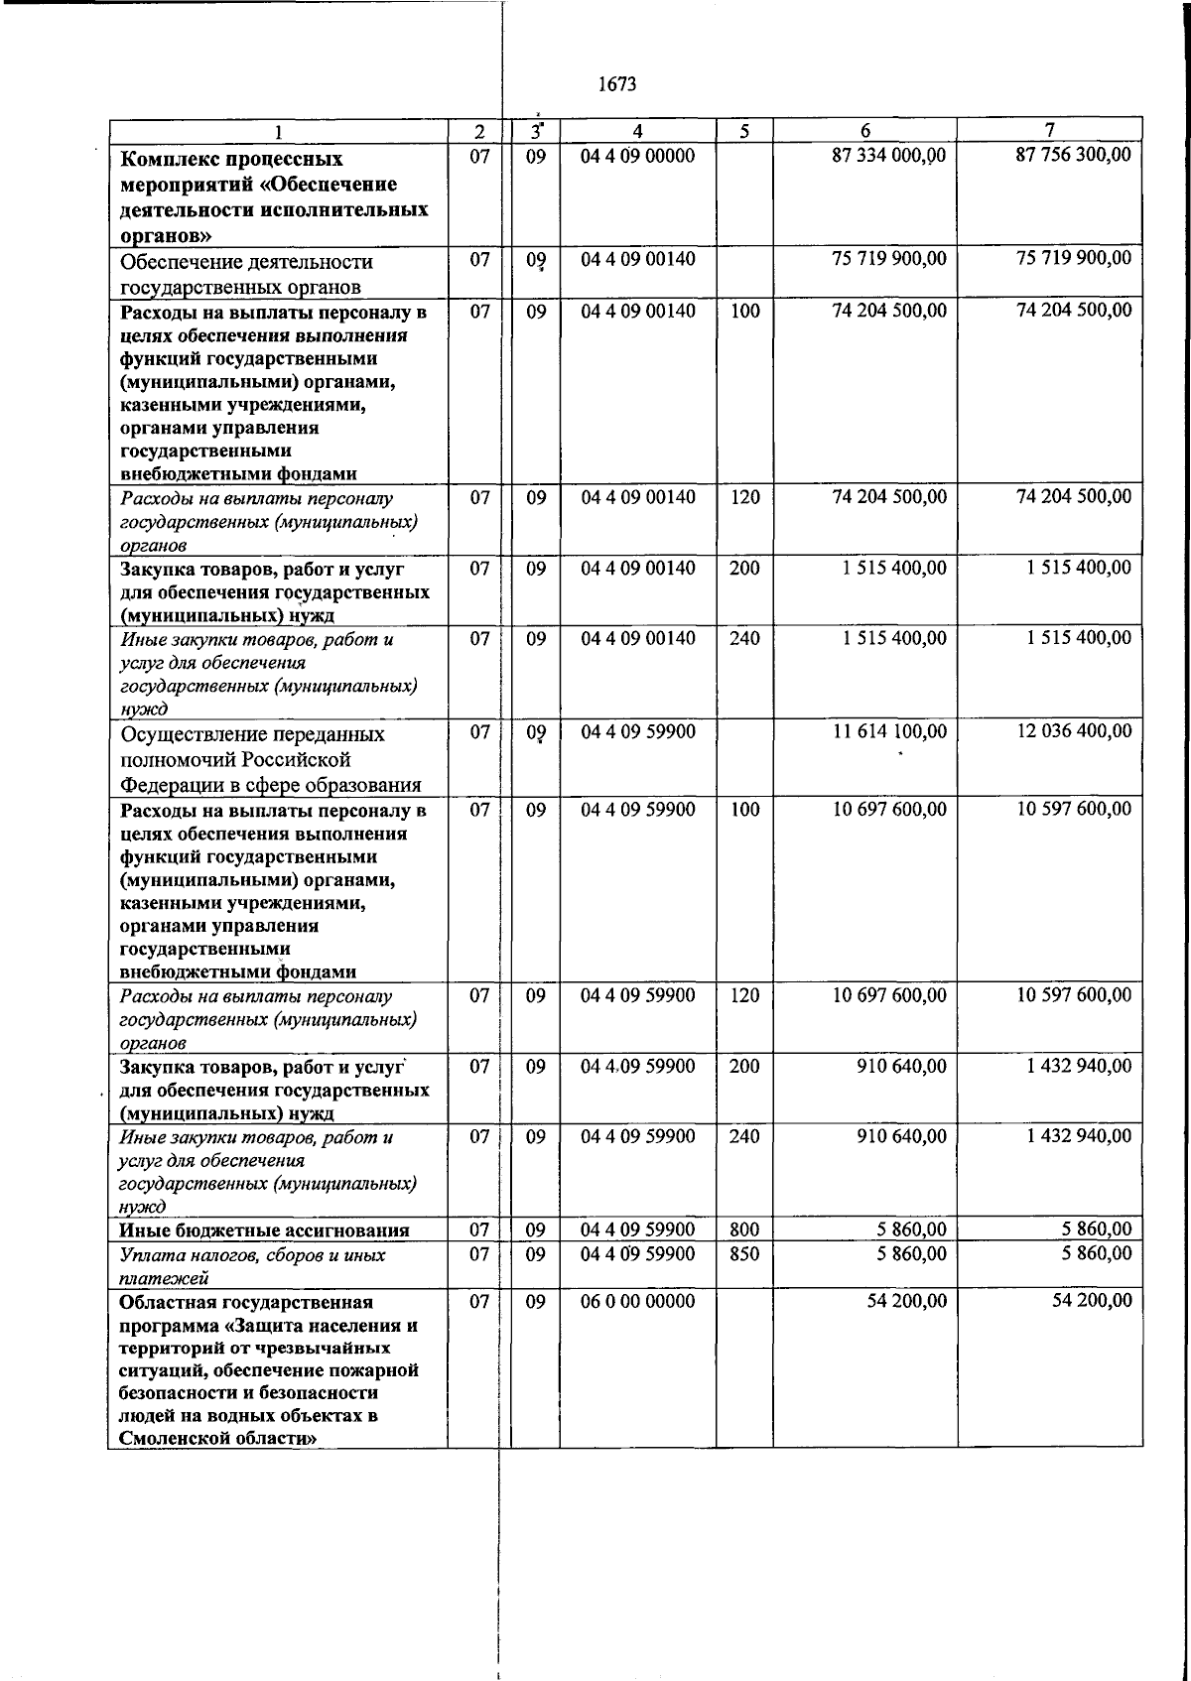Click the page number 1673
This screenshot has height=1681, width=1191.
click(x=617, y=85)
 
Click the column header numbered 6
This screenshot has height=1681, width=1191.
click(x=865, y=131)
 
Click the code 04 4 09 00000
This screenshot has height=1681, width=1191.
click(x=637, y=156)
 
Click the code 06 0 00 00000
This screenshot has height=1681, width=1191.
click(x=637, y=1301)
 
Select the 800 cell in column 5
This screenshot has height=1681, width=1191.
click(x=744, y=1230)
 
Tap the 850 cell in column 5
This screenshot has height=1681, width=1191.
click(x=744, y=1254)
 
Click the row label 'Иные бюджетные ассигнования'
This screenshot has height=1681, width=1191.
click(x=264, y=1231)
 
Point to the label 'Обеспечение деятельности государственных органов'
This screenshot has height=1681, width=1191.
click(x=246, y=275)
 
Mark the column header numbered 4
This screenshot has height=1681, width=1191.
click(x=637, y=131)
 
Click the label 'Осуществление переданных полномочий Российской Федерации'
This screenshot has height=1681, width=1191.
click(x=270, y=760)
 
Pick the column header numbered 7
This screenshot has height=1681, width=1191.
click(x=1050, y=130)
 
